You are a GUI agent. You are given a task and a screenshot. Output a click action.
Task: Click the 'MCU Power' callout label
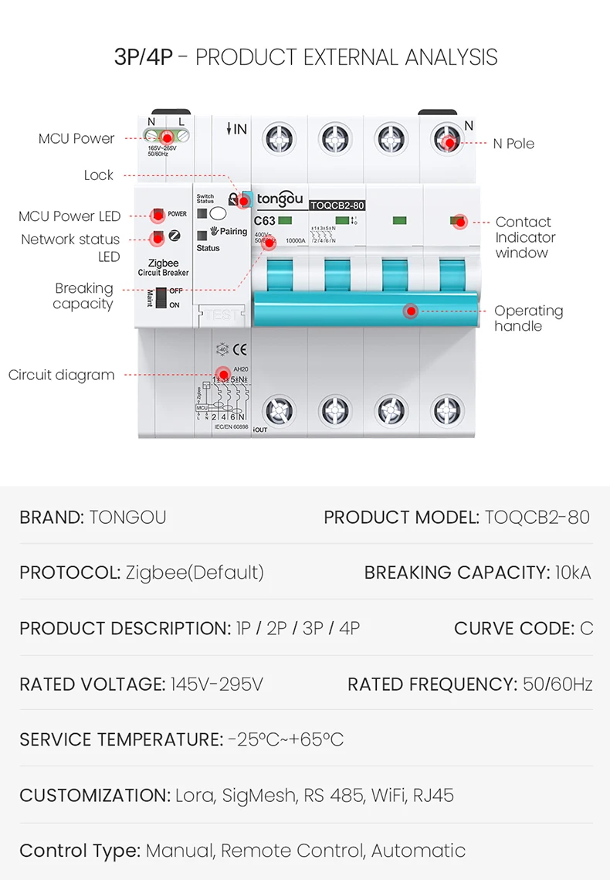(76, 139)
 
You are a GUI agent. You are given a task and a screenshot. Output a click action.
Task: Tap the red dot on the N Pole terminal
(449, 143)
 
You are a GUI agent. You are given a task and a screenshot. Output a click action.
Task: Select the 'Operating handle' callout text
(528, 318)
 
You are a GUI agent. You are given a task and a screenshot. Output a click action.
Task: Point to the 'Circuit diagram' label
(62, 375)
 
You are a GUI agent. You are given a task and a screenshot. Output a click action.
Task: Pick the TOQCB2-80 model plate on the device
(337, 205)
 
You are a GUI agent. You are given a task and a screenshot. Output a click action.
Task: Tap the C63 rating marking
(264, 221)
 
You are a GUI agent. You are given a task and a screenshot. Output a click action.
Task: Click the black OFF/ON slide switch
(161, 297)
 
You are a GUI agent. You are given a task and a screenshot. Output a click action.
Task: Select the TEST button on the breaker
(222, 314)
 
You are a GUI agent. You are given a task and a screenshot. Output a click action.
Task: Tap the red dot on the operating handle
(411, 311)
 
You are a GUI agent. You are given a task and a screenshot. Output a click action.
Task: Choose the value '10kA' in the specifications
(572, 573)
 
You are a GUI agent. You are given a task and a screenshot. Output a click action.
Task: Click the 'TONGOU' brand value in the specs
(127, 517)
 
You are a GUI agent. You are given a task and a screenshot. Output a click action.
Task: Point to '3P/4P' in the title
(144, 57)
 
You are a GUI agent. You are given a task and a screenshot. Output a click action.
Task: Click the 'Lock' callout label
(99, 175)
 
